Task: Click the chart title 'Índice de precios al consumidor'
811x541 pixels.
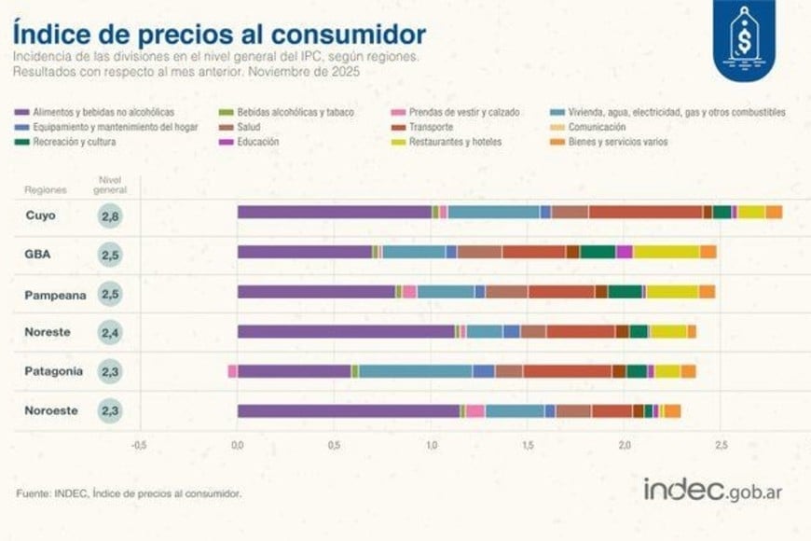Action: (x=219, y=35)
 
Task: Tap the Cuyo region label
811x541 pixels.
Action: (x=41, y=215)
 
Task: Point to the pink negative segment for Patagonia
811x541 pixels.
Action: (x=232, y=371)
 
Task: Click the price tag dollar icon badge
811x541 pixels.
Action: (x=745, y=40)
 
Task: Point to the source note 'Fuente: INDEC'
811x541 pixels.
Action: (x=131, y=492)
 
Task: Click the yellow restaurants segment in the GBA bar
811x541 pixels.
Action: (x=666, y=252)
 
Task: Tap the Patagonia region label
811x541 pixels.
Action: (x=54, y=371)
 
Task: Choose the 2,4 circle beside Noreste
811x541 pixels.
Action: (x=111, y=332)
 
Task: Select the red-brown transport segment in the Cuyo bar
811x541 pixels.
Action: (x=645, y=212)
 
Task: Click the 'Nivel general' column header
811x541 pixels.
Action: (x=112, y=185)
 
